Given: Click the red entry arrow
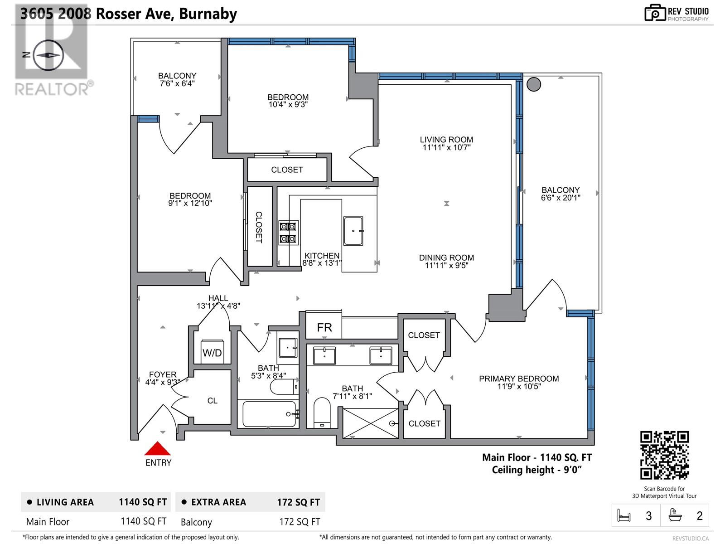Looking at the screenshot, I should (x=158, y=449).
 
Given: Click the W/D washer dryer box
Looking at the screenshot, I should (x=212, y=352).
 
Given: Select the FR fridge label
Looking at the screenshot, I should (x=324, y=327).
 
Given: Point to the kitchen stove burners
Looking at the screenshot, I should (x=288, y=232).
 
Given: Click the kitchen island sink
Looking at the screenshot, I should (x=353, y=231).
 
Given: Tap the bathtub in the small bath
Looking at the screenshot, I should (x=269, y=414).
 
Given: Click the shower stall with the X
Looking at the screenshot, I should (x=370, y=423).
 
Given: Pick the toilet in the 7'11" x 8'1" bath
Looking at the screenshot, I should (x=322, y=412).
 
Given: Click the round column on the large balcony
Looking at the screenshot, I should (x=534, y=84).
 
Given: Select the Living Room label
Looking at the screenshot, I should (x=446, y=140).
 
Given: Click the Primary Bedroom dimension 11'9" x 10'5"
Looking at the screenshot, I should (x=519, y=387).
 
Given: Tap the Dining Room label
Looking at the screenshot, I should (x=446, y=257).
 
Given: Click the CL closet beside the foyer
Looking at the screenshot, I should (x=212, y=401).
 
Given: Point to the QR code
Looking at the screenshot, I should (x=664, y=455).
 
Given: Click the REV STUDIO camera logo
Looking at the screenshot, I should (x=654, y=13).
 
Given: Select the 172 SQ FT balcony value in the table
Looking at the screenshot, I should (x=300, y=522).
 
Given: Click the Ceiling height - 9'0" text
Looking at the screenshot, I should (x=536, y=470).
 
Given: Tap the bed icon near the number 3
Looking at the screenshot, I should (x=624, y=516).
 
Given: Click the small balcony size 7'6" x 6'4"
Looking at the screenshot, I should (x=177, y=83).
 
